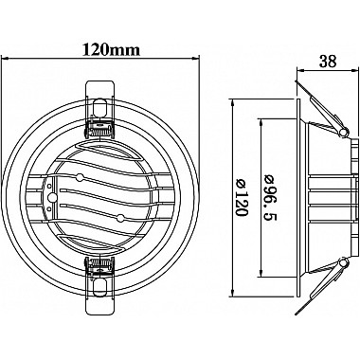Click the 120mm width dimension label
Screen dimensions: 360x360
pyautogui.click(x=111, y=49)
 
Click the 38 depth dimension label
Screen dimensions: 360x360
pyautogui.click(x=328, y=62)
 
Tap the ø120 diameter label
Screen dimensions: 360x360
pyautogui.click(x=242, y=198)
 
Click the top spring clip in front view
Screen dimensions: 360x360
pyautogui.click(x=99, y=109)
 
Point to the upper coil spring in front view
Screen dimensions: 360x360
pyautogui.click(x=99, y=130)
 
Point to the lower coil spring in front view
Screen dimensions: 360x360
pyautogui.click(x=99, y=263)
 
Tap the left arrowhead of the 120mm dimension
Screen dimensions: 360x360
pyautogui.click(x=5, y=58)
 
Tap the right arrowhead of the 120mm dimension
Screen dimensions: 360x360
pyautogui.click(x=196, y=58)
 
